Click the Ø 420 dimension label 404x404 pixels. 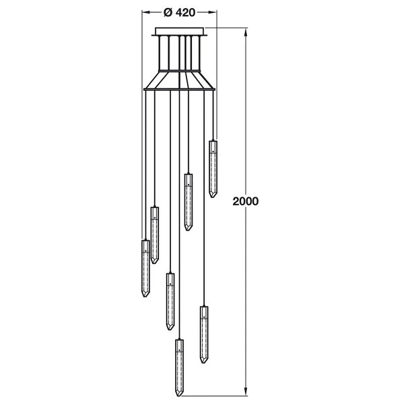point(179,11)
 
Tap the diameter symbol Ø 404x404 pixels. point(168,11)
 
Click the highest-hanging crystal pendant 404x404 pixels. point(213,168)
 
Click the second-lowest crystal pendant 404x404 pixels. point(203,334)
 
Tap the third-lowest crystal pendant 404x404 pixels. point(170,300)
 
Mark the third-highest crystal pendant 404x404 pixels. point(155,234)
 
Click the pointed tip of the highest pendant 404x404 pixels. point(213,197)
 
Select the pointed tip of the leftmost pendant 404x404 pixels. point(145,297)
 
